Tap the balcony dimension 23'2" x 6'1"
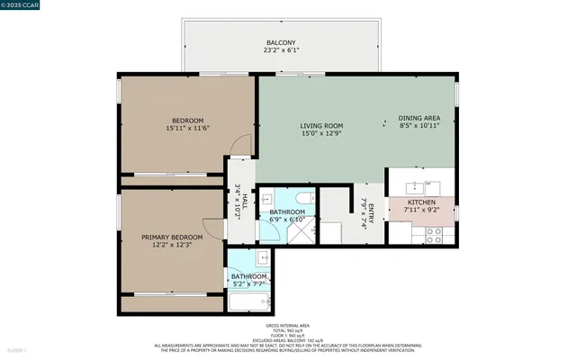281,51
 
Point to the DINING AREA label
419,118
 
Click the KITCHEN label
421,202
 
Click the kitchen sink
416,187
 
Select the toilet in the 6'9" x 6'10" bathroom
303,197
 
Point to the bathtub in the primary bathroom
247,301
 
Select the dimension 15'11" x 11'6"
187,129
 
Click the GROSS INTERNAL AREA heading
287,325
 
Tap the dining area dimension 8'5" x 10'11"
419,126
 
